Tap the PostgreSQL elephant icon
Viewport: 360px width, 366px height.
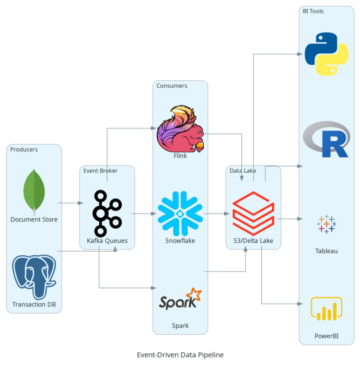point(34,277)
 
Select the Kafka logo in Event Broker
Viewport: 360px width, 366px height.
point(107,213)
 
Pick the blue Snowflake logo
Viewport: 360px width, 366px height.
point(180,213)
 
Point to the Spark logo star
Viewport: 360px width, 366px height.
point(194,294)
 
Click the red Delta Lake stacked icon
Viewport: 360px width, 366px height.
point(253,214)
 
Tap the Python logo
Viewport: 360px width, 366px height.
point(327,54)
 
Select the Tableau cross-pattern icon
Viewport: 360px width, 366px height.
point(327,224)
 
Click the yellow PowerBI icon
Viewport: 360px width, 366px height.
point(327,309)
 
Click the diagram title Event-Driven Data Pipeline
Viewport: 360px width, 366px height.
point(180,355)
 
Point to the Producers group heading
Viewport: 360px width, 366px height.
point(24,149)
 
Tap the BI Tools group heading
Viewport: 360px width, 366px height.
point(313,11)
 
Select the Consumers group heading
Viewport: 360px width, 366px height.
point(172,86)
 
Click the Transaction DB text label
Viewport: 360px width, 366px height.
point(34,304)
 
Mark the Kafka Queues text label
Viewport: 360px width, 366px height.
point(107,241)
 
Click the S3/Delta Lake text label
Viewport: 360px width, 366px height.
point(253,241)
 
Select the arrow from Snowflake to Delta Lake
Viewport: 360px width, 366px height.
point(217,214)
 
